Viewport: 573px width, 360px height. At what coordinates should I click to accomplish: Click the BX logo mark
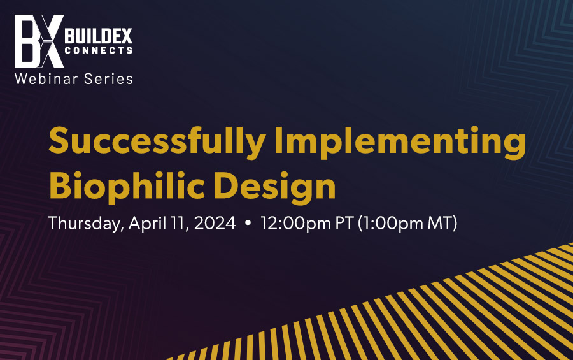(39, 41)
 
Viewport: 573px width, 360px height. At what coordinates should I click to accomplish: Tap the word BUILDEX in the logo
(98, 36)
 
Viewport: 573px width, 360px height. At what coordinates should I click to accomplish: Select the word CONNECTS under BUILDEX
(98, 50)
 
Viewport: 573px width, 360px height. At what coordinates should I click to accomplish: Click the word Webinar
(46, 78)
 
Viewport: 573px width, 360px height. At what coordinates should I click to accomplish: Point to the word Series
(108, 78)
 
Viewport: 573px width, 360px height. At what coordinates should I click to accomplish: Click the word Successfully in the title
(157, 142)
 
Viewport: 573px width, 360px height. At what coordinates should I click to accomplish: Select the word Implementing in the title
(400, 142)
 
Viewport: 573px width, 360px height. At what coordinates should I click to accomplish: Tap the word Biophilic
(127, 187)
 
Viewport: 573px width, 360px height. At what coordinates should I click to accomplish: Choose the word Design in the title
(274, 187)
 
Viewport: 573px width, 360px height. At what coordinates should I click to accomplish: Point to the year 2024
(215, 223)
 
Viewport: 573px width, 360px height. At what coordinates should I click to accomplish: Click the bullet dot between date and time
(248, 222)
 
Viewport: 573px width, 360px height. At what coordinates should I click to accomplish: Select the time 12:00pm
(295, 224)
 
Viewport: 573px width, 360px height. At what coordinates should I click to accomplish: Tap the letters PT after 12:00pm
(344, 223)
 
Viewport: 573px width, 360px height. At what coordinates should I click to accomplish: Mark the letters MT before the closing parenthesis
(441, 223)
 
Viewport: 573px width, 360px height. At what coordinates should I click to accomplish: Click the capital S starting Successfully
(59, 140)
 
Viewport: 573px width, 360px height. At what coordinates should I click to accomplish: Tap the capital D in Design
(225, 185)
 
